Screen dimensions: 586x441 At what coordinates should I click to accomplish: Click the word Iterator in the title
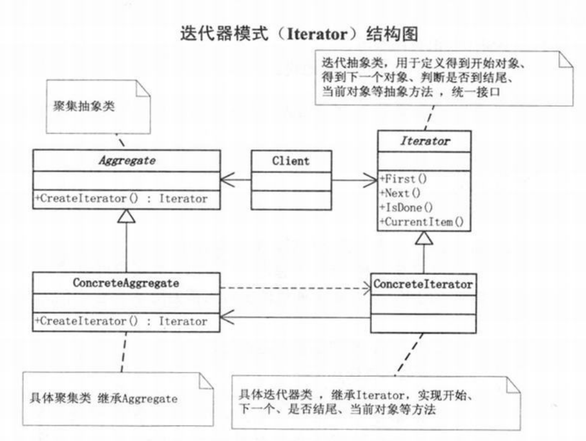pos(317,34)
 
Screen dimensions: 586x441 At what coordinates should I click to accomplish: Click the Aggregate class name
pos(127,160)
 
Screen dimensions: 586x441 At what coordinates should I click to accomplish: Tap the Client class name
pos(291,161)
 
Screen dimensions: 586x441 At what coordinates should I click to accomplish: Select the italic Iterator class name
pos(425,141)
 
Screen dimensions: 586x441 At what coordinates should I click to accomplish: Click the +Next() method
pos(400,193)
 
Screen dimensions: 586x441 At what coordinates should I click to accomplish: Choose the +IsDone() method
pos(406,207)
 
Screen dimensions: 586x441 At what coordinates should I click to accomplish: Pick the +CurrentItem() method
pos(422,222)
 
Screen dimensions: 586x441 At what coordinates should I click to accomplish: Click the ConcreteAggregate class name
pos(126,283)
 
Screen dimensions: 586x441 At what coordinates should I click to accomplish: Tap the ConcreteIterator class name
pos(423,284)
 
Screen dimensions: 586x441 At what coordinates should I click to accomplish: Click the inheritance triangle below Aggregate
pos(126,216)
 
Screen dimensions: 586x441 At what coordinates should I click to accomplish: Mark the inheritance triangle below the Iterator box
pos(424,238)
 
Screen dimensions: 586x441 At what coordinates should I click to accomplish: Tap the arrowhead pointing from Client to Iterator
pos(370,180)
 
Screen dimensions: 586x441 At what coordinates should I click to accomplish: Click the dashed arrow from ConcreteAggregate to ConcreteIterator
pos(295,288)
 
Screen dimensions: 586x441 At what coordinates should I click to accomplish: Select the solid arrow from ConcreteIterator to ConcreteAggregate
pos(295,318)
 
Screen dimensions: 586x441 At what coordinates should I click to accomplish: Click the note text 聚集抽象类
pos(84,106)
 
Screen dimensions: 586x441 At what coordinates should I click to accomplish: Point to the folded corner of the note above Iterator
pos(566,60)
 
